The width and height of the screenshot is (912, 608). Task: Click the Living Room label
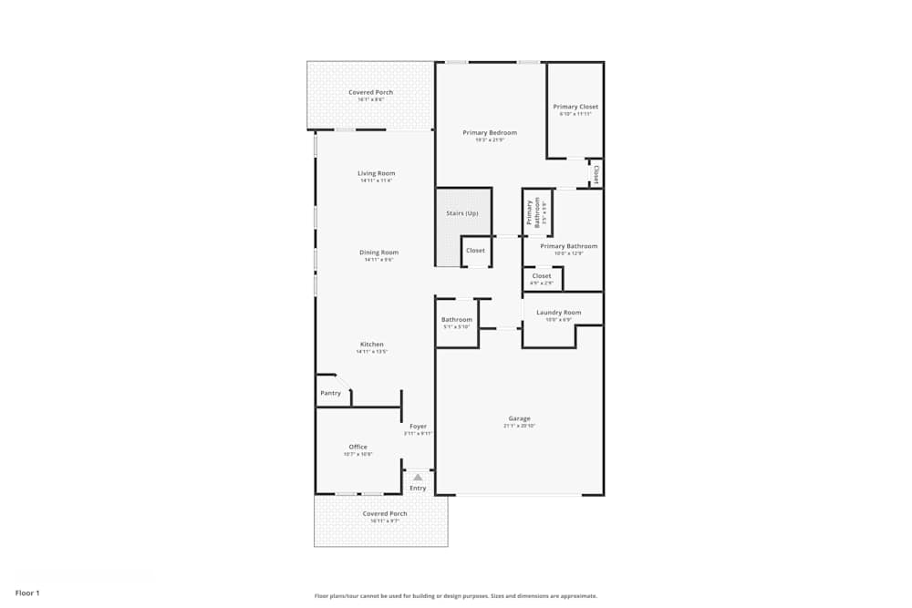tap(376, 173)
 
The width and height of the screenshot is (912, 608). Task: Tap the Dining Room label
tap(378, 252)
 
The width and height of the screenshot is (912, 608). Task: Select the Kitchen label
tap(371, 345)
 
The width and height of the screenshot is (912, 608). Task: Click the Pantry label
tap(330, 394)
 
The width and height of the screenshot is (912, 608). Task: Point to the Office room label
tap(358, 447)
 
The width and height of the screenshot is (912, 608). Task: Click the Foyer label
tap(418, 427)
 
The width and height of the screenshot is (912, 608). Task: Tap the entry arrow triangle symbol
tap(418, 477)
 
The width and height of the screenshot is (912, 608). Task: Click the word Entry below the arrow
tap(418, 489)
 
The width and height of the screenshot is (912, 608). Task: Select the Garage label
tap(519, 418)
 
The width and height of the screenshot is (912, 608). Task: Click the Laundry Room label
tap(558, 313)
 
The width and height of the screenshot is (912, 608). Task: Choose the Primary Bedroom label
tap(490, 133)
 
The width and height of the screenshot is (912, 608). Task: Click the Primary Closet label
tap(575, 107)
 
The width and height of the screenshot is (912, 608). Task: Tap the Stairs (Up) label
tap(461, 213)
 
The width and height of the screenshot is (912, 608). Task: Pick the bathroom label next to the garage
tap(457, 320)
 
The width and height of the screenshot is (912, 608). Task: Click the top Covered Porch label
tap(370, 92)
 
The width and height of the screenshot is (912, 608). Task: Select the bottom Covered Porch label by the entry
tap(385, 513)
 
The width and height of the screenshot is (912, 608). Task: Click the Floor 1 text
tap(27, 593)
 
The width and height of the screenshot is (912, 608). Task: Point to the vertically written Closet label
tap(596, 173)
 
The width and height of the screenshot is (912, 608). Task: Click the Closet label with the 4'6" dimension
tap(541, 276)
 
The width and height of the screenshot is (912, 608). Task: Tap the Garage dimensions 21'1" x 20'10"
tap(519, 426)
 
